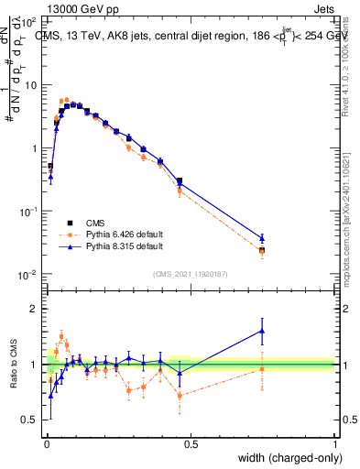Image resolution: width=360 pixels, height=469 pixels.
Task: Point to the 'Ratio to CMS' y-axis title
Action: [x=12, y=364]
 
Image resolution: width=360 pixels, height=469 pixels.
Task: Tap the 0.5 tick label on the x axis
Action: [x=191, y=444]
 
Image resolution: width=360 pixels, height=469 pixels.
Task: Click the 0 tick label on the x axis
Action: [x=47, y=444]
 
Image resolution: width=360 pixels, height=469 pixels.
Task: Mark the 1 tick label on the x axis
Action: [x=334, y=444]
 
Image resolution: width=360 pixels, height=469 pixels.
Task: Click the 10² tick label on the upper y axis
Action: [x=27, y=21]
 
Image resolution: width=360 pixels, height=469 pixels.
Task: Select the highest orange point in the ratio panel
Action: [x=61, y=335]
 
